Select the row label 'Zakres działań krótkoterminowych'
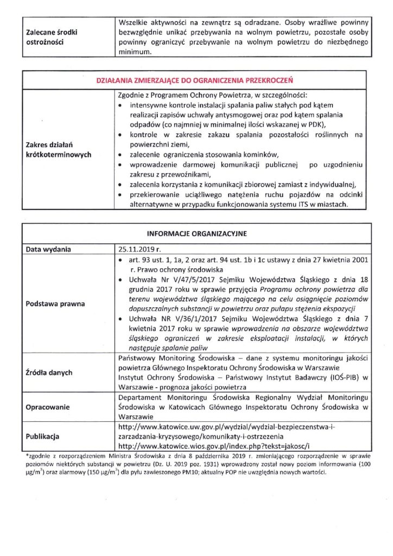[59, 149]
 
